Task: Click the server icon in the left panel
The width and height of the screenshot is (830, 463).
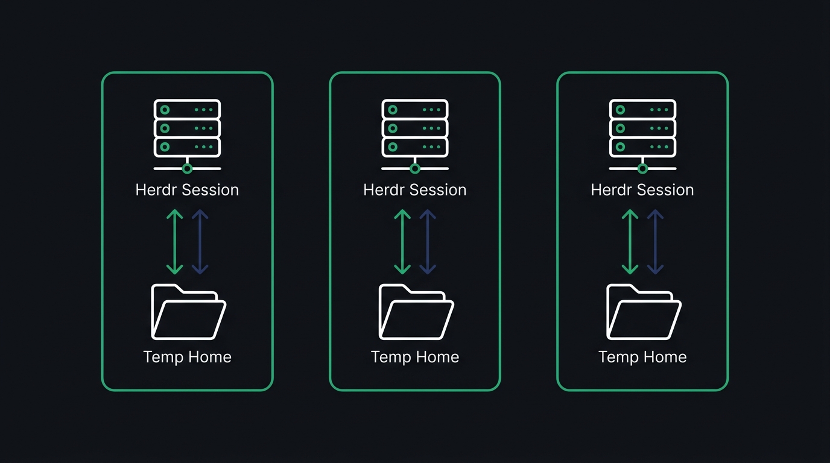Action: pyautogui.click(x=187, y=128)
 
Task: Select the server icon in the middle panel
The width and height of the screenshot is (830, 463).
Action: pyautogui.click(x=415, y=128)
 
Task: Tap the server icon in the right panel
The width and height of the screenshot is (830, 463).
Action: pyautogui.click(x=642, y=128)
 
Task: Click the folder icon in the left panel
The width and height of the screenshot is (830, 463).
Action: pyautogui.click(x=189, y=312)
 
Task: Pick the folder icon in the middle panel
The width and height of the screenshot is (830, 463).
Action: pyautogui.click(x=416, y=312)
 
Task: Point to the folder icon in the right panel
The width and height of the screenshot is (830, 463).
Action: pyautogui.click(x=644, y=312)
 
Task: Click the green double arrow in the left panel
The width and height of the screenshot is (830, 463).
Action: pyautogui.click(x=174, y=242)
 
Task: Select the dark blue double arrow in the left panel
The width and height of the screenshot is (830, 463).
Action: pyautogui.click(x=200, y=242)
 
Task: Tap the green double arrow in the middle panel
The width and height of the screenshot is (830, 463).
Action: pyautogui.click(x=402, y=242)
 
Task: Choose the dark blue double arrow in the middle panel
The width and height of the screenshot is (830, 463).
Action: pyautogui.click(x=428, y=242)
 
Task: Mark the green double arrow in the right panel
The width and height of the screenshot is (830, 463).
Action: pyautogui.click(x=630, y=242)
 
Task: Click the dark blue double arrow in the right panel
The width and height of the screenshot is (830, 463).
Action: pyautogui.click(x=655, y=242)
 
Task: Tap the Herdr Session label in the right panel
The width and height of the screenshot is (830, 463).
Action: pyautogui.click(x=642, y=190)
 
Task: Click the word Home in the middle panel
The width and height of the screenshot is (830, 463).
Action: pyautogui.click(x=437, y=357)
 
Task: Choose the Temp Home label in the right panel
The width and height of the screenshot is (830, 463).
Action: pyautogui.click(x=642, y=357)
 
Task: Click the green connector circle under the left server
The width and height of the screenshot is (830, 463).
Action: pyautogui.click(x=187, y=169)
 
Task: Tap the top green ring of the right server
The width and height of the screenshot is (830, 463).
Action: pyautogui.click(x=620, y=110)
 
